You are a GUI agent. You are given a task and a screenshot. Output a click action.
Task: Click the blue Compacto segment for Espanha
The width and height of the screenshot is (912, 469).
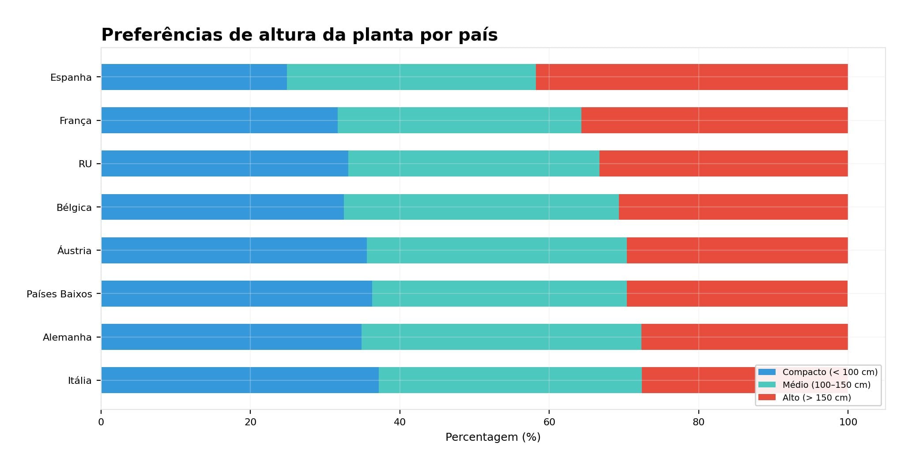(194, 77)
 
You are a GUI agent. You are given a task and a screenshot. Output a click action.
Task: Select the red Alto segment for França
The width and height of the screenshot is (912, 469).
(714, 120)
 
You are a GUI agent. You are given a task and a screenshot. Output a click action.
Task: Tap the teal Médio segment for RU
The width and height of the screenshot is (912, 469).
(474, 164)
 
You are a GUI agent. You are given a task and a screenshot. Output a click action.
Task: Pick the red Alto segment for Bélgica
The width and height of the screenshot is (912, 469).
(733, 207)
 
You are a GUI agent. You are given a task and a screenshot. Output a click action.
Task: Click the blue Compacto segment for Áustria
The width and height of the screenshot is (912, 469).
(234, 250)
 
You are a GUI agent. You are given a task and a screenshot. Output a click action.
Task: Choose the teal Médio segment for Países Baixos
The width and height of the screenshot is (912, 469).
(499, 293)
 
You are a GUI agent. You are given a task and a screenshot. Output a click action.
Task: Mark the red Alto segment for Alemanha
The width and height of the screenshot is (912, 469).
(744, 337)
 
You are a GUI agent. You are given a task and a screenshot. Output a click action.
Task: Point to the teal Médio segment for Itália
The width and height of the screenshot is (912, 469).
(510, 380)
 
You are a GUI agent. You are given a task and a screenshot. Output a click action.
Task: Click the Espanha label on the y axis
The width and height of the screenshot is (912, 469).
(71, 78)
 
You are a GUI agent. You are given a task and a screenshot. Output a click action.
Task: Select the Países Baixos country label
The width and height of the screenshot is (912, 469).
(59, 294)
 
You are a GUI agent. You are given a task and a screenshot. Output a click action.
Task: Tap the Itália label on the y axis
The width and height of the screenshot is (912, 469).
(79, 381)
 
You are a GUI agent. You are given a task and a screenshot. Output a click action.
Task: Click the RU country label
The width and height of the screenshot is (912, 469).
(85, 164)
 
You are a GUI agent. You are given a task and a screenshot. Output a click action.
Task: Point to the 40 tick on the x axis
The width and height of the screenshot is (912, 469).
(399, 422)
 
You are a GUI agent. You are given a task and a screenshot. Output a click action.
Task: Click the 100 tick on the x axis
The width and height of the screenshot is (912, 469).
(848, 422)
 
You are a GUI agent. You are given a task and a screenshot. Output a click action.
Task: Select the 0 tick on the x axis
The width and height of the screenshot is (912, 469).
(101, 422)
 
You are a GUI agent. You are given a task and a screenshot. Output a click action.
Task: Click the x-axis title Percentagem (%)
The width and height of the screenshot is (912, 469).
(493, 437)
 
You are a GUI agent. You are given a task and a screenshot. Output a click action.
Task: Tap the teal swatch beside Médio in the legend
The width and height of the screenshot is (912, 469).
(767, 385)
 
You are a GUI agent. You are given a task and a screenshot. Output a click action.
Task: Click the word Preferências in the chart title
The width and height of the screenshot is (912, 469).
(162, 35)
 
